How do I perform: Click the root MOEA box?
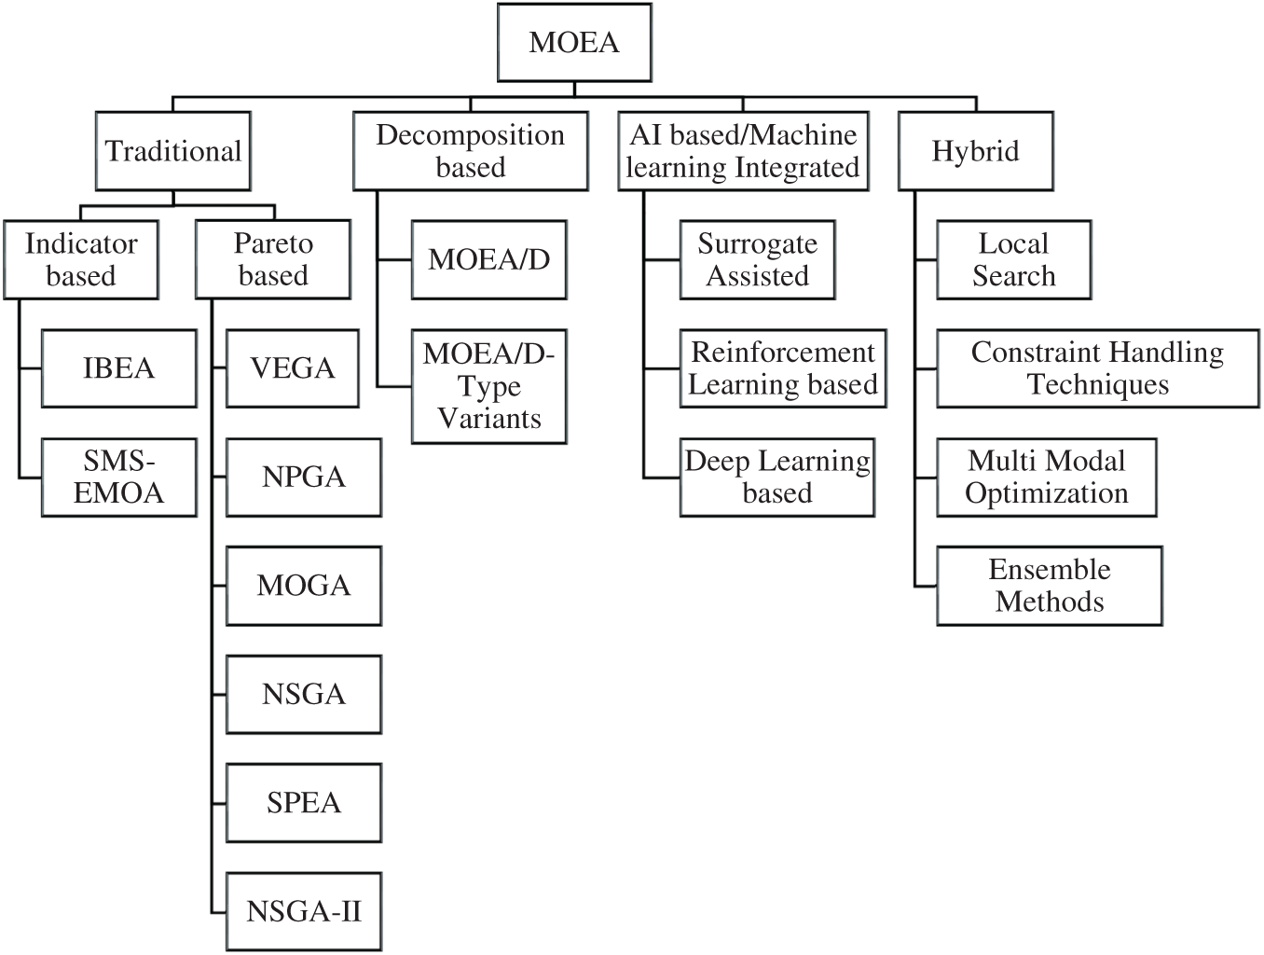(574, 43)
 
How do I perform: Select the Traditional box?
(173, 151)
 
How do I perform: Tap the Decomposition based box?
(471, 151)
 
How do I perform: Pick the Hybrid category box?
(976, 151)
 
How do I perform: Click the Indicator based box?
(81, 260)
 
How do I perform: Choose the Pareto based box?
(273, 259)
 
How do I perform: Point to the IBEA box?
(119, 368)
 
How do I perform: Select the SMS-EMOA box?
(119, 477)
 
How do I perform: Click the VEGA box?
(293, 368)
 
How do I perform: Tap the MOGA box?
(304, 586)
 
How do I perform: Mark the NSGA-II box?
(304, 912)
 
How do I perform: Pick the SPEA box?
(304, 803)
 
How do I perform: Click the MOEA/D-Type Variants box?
(489, 386)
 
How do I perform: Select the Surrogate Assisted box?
(757, 260)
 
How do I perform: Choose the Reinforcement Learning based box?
(783, 368)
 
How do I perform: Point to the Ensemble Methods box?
(1050, 586)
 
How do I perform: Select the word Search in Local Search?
(1014, 276)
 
